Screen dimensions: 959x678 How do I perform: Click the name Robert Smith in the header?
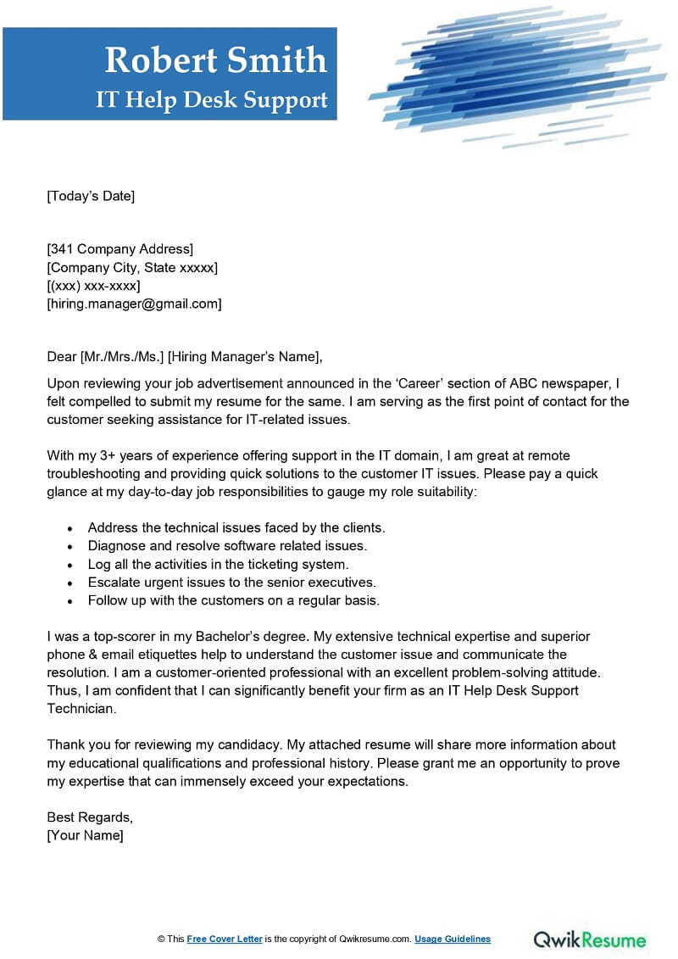coord(215,60)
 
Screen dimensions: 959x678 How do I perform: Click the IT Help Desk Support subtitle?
coord(211,100)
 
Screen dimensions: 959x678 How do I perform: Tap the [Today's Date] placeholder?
coord(91,196)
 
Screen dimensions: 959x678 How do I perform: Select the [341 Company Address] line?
coord(119,248)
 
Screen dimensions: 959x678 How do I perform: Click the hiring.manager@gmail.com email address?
coord(134,304)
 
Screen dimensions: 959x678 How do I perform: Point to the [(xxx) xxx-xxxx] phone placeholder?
coord(93,285)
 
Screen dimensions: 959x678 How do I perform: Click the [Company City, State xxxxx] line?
coord(132,267)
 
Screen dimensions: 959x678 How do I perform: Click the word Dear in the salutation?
coord(62,356)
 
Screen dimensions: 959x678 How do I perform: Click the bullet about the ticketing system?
coord(218,563)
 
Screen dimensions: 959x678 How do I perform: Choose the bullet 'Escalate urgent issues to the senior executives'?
coord(231,582)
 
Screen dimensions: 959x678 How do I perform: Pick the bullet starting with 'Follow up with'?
coord(233,600)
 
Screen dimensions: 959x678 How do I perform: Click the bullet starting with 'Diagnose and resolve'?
coord(227,545)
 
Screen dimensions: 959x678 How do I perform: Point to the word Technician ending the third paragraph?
coord(80,708)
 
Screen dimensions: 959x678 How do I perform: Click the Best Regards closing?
coord(90,817)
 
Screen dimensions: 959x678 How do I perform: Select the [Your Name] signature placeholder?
coord(85,836)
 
